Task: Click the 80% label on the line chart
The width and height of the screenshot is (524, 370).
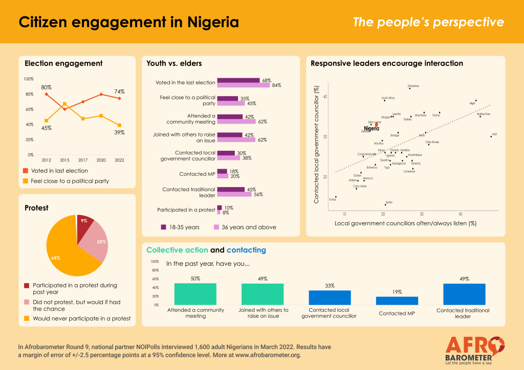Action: tap(47, 87)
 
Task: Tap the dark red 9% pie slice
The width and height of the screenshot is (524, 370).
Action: tap(84, 223)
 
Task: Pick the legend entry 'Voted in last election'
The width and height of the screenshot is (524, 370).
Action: tap(60, 171)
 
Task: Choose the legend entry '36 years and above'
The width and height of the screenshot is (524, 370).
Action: tap(248, 227)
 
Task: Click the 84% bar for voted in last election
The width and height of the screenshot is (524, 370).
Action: tap(243, 85)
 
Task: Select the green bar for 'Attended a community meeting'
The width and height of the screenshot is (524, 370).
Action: tap(195, 294)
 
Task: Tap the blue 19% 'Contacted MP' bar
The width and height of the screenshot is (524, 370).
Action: tap(397, 300)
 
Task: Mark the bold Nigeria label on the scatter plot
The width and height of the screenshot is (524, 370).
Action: tap(371, 128)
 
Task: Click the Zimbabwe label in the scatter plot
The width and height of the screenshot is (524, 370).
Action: tap(413, 86)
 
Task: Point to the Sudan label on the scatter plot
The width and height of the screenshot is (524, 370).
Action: tap(388, 202)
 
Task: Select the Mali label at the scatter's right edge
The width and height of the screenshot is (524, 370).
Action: tap(494, 134)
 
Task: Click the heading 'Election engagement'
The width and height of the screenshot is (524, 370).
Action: tap(63, 63)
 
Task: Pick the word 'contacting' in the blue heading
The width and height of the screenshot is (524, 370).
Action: tap(246, 250)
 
